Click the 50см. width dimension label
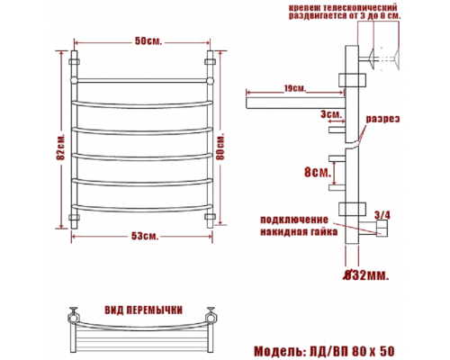[148, 41]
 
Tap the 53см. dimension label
[145, 236]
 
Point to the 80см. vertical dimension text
[220, 146]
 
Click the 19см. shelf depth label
[294, 89]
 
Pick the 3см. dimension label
[331, 114]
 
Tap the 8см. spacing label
[318, 172]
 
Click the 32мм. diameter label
[366, 275]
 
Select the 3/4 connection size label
[382, 215]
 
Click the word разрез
[382, 119]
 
